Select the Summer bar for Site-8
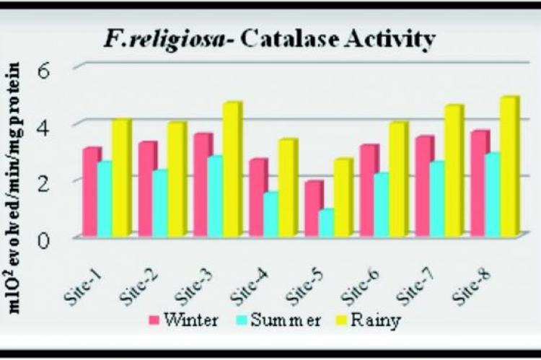coord(493,195)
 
